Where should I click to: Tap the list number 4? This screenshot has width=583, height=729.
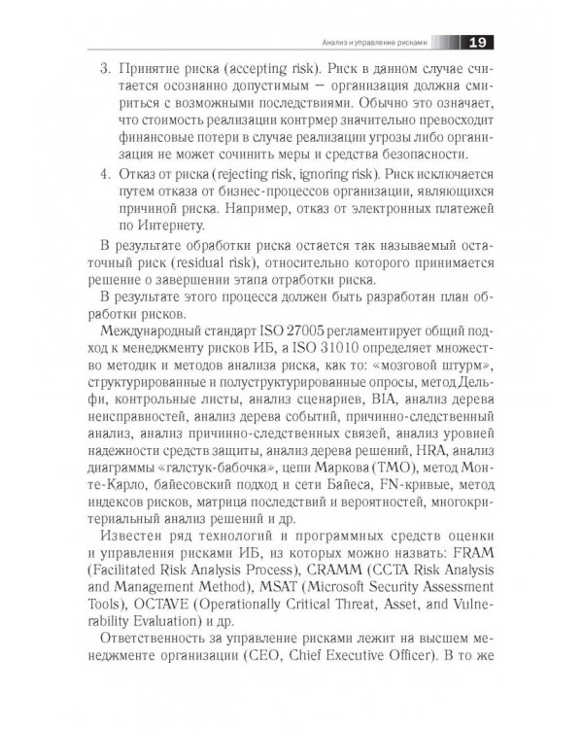(106, 176)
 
